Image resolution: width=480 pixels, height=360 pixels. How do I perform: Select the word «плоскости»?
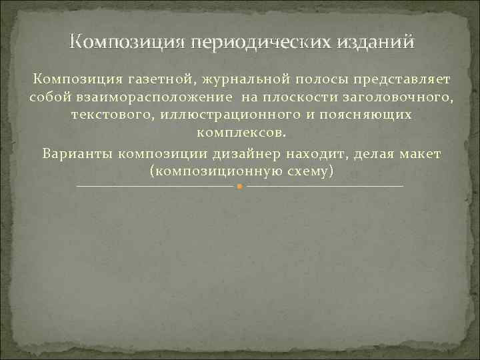(x=299, y=97)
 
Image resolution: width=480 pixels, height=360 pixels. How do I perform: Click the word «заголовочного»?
(x=396, y=97)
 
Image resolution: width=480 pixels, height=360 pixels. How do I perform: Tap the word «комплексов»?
(x=240, y=133)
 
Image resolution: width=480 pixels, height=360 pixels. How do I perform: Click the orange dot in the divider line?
(x=239, y=187)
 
